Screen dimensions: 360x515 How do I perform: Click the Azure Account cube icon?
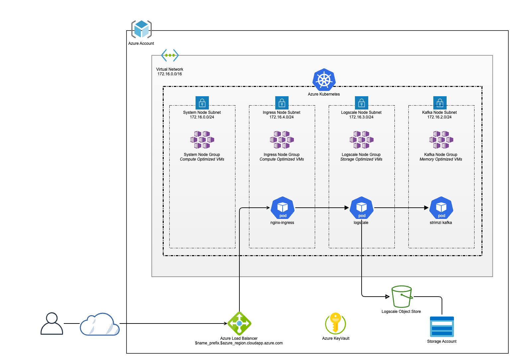point(141,29)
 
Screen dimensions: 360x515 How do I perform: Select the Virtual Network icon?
point(170,55)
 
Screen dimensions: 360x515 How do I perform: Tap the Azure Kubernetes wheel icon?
point(324,80)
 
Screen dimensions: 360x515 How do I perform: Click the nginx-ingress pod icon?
point(283,208)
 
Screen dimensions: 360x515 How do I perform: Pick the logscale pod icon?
point(362,208)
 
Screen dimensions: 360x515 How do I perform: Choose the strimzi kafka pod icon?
point(441,208)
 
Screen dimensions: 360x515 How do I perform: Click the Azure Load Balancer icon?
point(239,324)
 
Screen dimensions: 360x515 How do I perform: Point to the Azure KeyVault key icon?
point(335,324)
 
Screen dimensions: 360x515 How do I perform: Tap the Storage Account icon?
point(442,327)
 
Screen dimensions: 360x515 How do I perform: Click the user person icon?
point(52,324)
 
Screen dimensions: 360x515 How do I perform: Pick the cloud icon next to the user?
point(100,324)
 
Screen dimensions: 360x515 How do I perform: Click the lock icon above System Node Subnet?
point(202,103)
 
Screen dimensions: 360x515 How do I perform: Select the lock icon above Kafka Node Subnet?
point(440,103)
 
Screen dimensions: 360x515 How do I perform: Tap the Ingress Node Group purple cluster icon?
point(282,140)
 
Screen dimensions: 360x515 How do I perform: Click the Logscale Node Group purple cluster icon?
point(361,140)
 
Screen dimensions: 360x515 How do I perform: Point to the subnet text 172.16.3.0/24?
point(361,117)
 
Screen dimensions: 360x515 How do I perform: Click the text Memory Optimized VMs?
point(441,159)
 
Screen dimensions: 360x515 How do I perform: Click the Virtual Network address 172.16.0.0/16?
point(170,74)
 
